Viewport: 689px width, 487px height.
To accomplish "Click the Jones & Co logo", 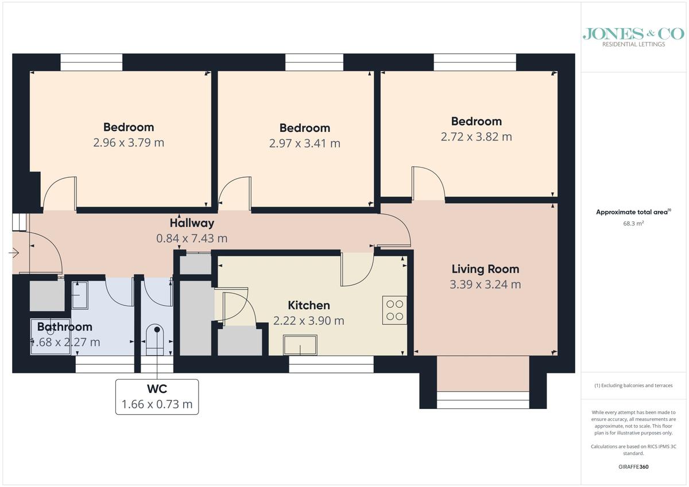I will click(x=633, y=36).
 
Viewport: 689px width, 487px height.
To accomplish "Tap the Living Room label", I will click(x=485, y=269).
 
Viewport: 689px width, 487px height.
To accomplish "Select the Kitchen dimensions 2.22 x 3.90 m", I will click(x=308, y=321).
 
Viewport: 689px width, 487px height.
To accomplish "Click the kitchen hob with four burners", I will click(x=394, y=310).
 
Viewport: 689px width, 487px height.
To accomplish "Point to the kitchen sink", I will click(x=300, y=345).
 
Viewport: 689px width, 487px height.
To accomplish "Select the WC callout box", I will click(x=157, y=396).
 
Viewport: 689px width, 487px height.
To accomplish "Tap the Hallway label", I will click(x=192, y=223).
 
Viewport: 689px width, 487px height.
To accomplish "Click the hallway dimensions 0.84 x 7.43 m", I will click(x=192, y=238).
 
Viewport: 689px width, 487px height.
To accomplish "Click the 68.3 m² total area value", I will click(x=633, y=224).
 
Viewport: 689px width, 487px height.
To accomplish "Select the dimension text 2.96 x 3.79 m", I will click(x=129, y=142).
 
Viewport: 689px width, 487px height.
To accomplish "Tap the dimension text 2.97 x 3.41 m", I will click(x=304, y=143).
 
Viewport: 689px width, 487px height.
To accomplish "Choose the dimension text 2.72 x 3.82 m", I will click(x=476, y=137).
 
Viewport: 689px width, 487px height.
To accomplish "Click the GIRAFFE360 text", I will click(x=633, y=467).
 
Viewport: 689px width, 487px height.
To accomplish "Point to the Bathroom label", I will click(x=65, y=327).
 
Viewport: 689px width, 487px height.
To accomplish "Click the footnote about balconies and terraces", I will click(x=633, y=385).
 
